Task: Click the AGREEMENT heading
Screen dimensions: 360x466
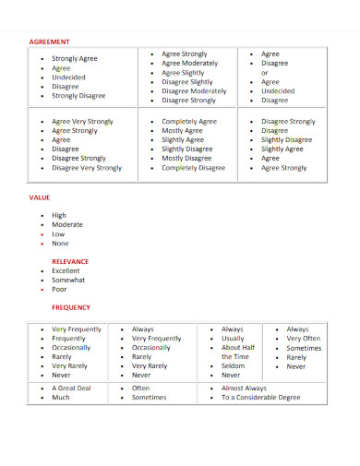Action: click(x=49, y=42)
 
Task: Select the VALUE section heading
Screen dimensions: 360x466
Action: click(x=41, y=197)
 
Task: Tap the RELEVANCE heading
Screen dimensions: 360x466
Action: click(x=70, y=261)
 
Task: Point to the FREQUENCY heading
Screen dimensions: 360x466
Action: click(x=71, y=306)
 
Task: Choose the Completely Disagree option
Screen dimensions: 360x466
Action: click(x=194, y=168)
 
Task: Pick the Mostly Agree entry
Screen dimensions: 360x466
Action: click(x=183, y=131)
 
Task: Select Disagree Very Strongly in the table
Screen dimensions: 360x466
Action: click(x=87, y=168)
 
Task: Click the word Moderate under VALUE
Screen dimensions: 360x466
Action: click(x=67, y=225)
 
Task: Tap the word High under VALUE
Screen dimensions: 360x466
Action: click(x=59, y=216)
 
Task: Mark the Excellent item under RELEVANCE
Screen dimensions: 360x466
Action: click(x=66, y=270)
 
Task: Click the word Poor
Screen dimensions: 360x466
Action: click(x=60, y=289)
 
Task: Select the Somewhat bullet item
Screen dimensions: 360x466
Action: click(x=68, y=280)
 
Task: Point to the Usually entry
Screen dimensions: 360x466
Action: click(x=233, y=339)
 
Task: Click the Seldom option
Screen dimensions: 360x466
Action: click(x=232, y=366)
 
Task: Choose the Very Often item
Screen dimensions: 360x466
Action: click(x=304, y=339)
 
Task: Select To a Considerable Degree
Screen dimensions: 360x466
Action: click(x=261, y=398)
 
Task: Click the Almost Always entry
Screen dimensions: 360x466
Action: click(x=244, y=388)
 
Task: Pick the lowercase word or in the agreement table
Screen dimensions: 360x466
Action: click(x=265, y=73)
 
